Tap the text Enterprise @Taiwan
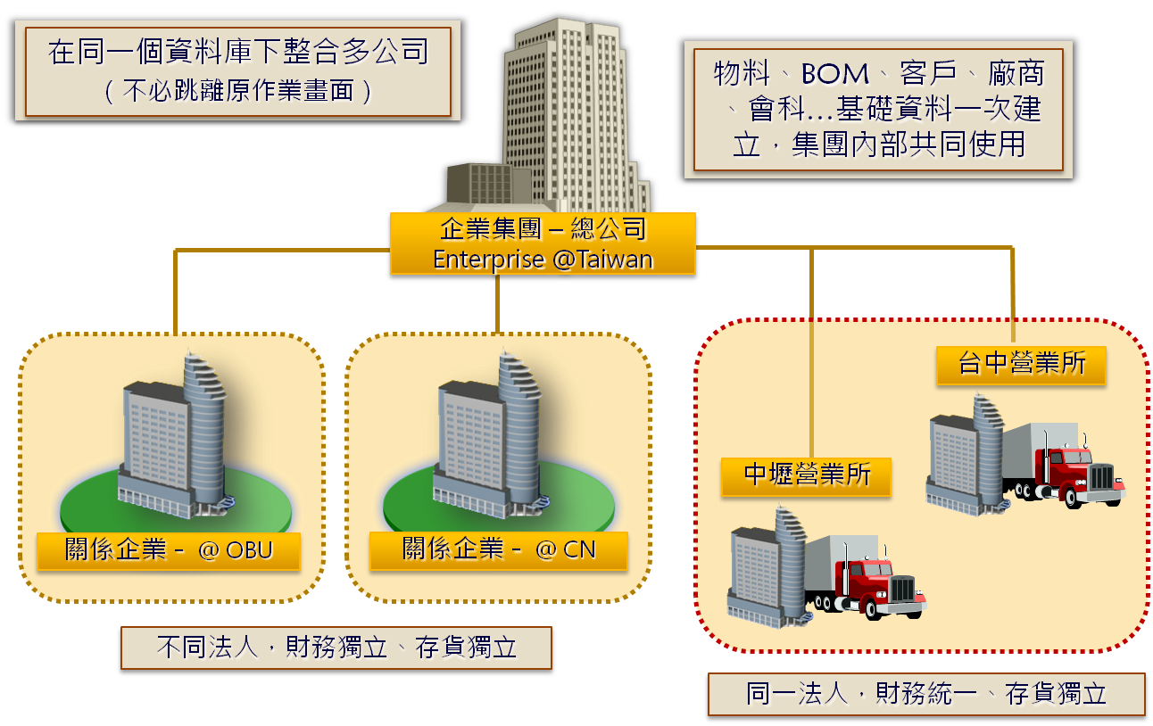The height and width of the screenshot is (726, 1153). [x=543, y=260]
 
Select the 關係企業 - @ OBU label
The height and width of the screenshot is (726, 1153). [x=169, y=550]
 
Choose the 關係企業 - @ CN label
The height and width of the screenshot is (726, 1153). [x=499, y=550]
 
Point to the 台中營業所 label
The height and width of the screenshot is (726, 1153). [x=1021, y=365]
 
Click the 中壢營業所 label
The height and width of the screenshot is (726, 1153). [x=807, y=474]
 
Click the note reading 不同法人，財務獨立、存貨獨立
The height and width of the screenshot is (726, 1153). [x=336, y=647]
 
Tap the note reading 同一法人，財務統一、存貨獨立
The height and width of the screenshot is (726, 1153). [x=926, y=694]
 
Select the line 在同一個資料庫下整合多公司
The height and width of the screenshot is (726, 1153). [x=238, y=52]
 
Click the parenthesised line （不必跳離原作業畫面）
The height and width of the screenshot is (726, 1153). [x=238, y=92]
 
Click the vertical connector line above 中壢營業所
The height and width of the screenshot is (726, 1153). [x=811, y=357]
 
